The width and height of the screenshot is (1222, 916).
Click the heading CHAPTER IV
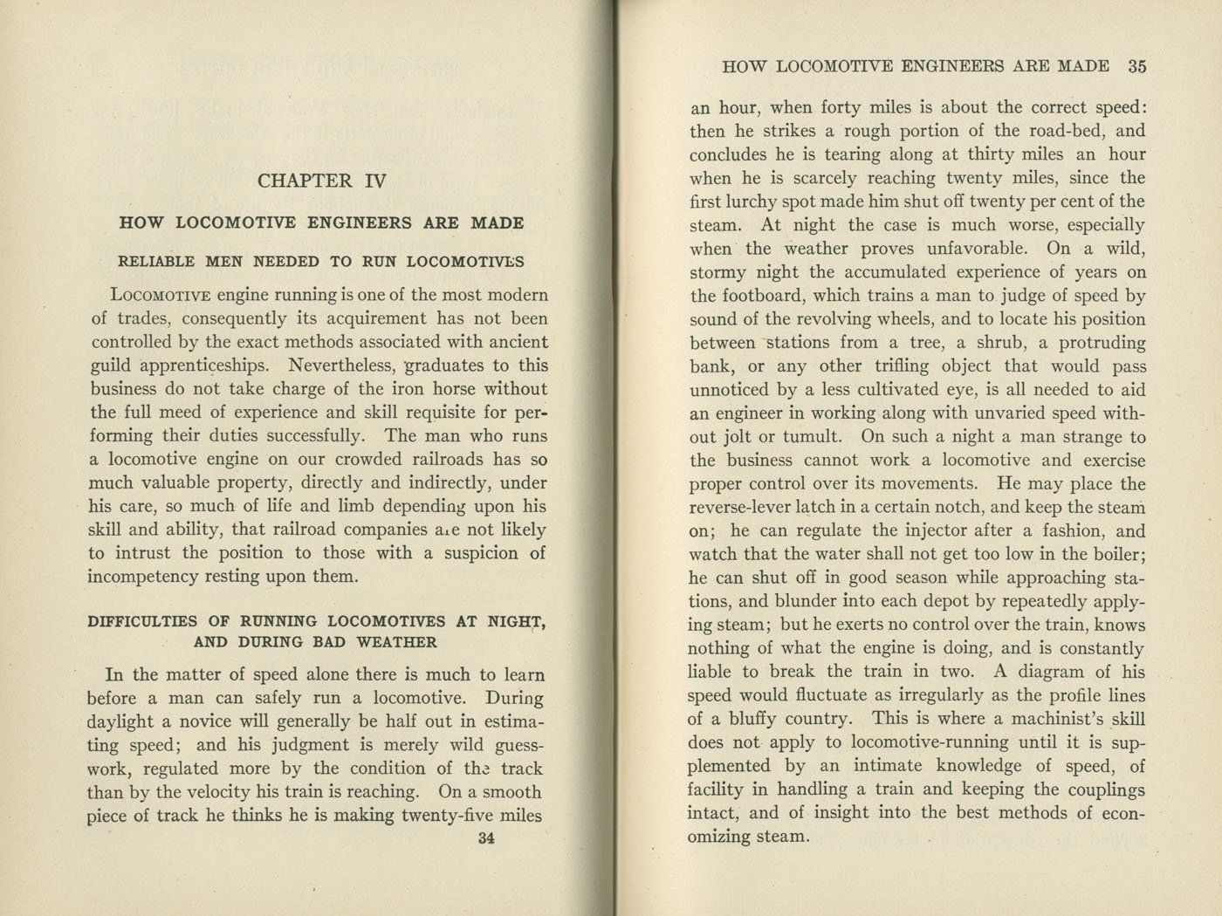pos(321,181)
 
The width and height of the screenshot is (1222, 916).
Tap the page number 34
pos(487,839)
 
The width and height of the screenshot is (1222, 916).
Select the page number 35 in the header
pos(1136,66)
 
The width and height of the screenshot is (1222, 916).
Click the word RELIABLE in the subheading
pos(156,262)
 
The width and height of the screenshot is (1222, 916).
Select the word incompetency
pos(140,577)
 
